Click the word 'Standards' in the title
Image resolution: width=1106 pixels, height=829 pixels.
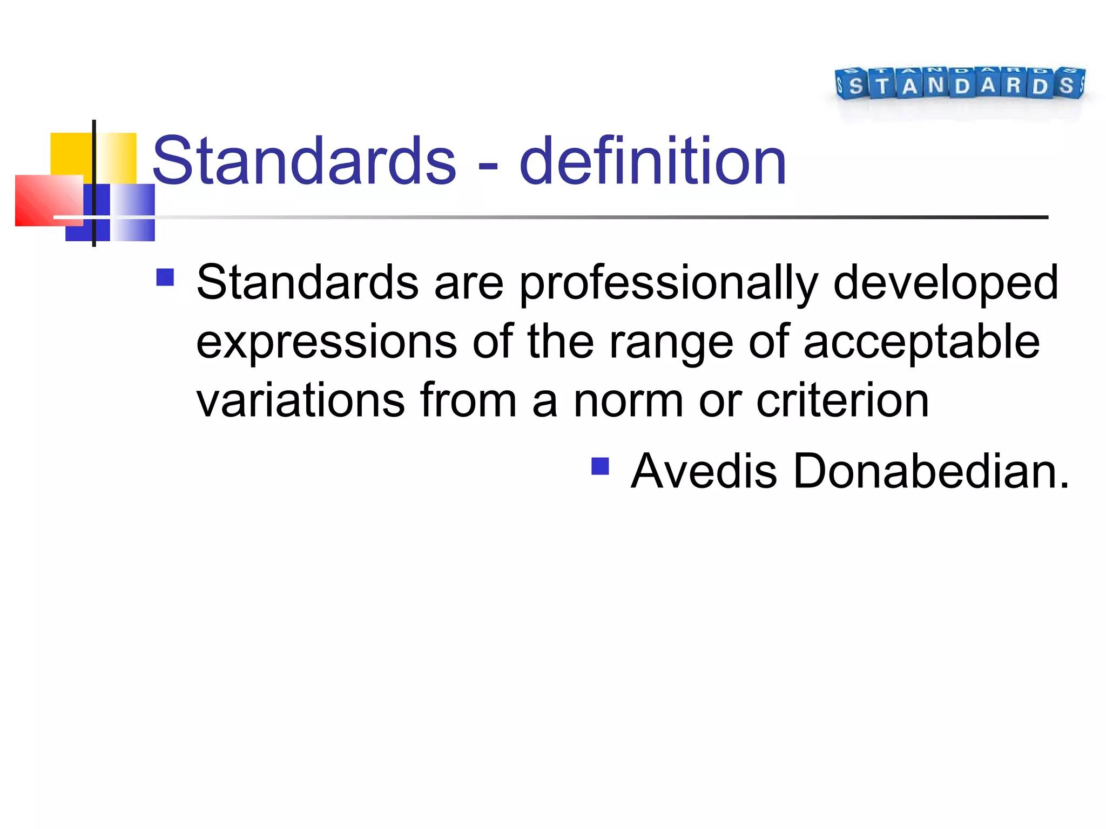[304, 161]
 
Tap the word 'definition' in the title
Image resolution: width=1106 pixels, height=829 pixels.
[652, 161]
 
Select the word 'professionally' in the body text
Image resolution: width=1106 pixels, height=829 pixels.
[669, 283]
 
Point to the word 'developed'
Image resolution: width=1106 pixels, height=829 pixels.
[946, 283]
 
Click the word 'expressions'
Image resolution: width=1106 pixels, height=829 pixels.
[327, 343]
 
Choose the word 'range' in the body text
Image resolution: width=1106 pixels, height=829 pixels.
[671, 343]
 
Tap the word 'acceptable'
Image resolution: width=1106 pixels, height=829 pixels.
[921, 343]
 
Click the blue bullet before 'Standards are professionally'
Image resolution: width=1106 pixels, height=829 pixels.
[165, 277]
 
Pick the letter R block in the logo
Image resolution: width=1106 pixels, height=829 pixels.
[1014, 85]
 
